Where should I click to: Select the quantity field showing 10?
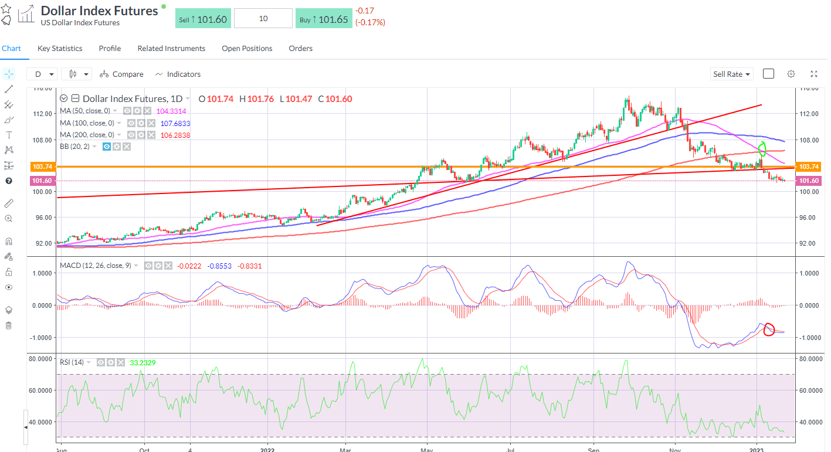tap(263, 19)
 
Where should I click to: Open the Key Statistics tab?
tap(60, 49)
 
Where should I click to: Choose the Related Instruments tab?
tap(171, 49)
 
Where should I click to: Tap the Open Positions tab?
tap(247, 49)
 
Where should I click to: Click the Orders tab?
tap(300, 49)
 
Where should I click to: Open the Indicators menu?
tap(178, 74)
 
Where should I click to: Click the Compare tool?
tap(121, 74)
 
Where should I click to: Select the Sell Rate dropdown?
tap(731, 74)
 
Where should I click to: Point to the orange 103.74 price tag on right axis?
tap(809, 166)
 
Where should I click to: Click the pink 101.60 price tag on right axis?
tap(809, 181)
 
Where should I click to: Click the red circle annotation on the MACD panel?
tap(769, 329)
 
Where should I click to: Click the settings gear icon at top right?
tap(791, 74)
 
